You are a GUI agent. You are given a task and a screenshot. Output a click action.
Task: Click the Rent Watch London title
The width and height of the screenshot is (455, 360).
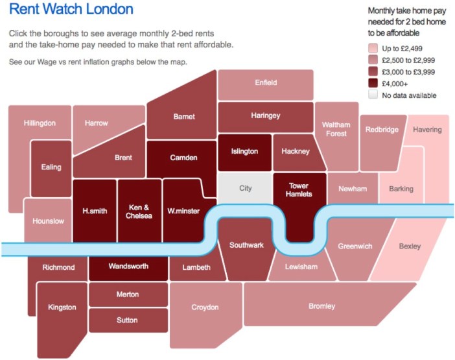(71, 10)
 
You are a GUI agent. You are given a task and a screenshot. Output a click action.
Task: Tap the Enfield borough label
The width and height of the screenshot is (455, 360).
(266, 82)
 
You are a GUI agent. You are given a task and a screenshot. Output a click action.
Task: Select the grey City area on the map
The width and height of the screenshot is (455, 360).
(245, 188)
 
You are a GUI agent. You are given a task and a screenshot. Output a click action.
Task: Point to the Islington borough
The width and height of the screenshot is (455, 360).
(244, 151)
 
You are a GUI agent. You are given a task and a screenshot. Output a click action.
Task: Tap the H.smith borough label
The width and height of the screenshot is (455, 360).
(95, 211)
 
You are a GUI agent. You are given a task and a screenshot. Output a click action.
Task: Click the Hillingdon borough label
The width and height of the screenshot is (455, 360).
(40, 123)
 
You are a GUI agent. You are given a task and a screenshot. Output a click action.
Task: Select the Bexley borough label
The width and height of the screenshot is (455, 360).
(410, 246)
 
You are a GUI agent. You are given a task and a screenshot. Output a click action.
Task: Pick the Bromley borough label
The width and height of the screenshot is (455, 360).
(321, 306)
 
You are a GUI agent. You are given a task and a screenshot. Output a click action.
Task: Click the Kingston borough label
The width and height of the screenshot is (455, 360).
(62, 307)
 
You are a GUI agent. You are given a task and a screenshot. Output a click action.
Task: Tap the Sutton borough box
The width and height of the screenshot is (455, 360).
(128, 320)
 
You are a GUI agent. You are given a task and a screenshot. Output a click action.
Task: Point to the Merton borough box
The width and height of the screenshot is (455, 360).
(128, 294)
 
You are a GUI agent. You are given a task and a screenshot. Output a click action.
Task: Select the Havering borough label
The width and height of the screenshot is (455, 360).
(427, 130)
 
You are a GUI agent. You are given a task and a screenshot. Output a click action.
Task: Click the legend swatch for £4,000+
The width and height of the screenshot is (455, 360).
(373, 83)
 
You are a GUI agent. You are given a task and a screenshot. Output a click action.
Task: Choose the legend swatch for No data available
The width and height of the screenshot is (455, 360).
(373, 95)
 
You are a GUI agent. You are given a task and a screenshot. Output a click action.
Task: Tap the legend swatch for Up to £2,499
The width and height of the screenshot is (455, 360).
(373, 48)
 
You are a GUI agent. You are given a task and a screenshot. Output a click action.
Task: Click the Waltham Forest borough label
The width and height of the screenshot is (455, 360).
(336, 129)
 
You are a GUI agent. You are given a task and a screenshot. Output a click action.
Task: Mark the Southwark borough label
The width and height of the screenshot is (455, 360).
(246, 245)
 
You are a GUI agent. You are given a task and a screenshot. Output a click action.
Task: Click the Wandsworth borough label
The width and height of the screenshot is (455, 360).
(128, 267)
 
